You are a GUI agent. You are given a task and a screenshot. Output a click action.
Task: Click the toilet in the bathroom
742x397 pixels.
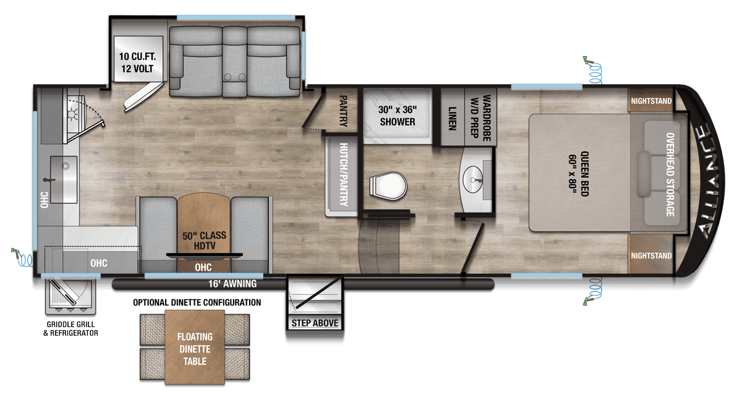(x=388, y=186)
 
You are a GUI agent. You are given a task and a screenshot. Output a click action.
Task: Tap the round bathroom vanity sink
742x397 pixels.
(x=472, y=179)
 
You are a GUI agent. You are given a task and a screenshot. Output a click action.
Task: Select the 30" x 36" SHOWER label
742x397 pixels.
(x=398, y=116)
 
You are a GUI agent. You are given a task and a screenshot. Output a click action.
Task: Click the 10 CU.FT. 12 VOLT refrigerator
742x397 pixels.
(x=137, y=59)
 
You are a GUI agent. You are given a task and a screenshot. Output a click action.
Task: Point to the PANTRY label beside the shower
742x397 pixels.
(x=344, y=111)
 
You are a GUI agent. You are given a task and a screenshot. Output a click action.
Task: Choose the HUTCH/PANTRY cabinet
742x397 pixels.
(x=343, y=175)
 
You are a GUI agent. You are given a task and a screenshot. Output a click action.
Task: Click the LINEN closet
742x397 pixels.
(x=453, y=117)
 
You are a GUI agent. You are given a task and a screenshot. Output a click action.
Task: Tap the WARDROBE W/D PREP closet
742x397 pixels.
(x=480, y=117)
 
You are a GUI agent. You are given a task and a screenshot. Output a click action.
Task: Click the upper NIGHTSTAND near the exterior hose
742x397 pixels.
(x=651, y=100)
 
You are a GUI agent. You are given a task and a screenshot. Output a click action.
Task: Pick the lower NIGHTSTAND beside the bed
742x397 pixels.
(x=651, y=255)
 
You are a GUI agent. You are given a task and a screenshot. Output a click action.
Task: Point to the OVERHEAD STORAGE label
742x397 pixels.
(x=670, y=174)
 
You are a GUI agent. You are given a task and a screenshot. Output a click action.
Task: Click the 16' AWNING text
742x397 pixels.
(x=232, y=284)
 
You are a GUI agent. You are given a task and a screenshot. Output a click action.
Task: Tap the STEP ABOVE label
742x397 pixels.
(x=315, y=323)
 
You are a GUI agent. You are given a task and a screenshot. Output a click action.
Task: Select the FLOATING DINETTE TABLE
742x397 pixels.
(x=195, y=347)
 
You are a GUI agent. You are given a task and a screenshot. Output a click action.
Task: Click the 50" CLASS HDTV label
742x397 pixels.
(x=205, y=241)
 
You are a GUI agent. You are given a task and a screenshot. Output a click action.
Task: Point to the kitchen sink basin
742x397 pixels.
(x=64, y=179)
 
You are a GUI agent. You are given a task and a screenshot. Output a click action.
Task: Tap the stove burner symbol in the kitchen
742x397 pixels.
(x=72, y=114)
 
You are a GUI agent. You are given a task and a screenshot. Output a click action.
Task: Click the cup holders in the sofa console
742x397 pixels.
(x=234, y=77)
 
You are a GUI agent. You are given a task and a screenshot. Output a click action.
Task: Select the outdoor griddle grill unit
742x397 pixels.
(x=70, y=296)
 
